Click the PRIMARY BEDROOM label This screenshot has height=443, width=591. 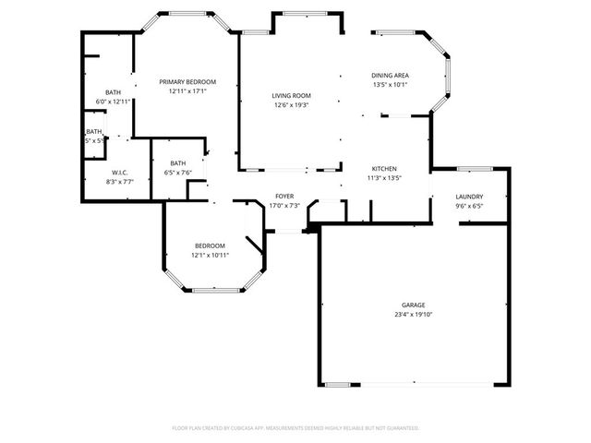(x=187, y=82)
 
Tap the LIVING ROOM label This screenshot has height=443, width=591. (x=291, y=96)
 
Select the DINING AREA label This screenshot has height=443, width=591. (x=390, y=76)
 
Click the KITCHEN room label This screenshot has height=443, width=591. (x=384, y=169)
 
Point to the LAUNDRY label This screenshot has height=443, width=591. (x=469, y=198)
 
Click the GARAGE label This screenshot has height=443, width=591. (x=413, y=305)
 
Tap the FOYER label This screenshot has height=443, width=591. (x=284, y=198)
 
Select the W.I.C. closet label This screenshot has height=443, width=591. (x=120, y=173)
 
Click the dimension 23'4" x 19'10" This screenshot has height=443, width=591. (x=413, y=315)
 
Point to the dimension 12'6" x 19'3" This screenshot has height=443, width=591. (x=291, y=105)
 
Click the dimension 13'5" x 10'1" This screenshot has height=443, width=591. (x=390, y=85)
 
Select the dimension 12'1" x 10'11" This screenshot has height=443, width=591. (x=210, y=255)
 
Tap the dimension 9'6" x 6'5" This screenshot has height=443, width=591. (x=469, y=207)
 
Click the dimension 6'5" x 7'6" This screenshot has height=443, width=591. (x=177, y=173)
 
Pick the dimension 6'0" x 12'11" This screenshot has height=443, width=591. (x=113, y=102)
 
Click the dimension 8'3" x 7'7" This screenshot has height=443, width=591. (x=120, y=182)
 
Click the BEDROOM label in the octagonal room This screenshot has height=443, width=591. (x=210, y=245)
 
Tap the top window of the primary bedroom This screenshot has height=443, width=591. (x=187, y=13)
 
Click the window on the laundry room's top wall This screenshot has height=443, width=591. (x=473, y=169)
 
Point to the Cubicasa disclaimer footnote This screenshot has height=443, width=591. (x=295, y=428)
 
